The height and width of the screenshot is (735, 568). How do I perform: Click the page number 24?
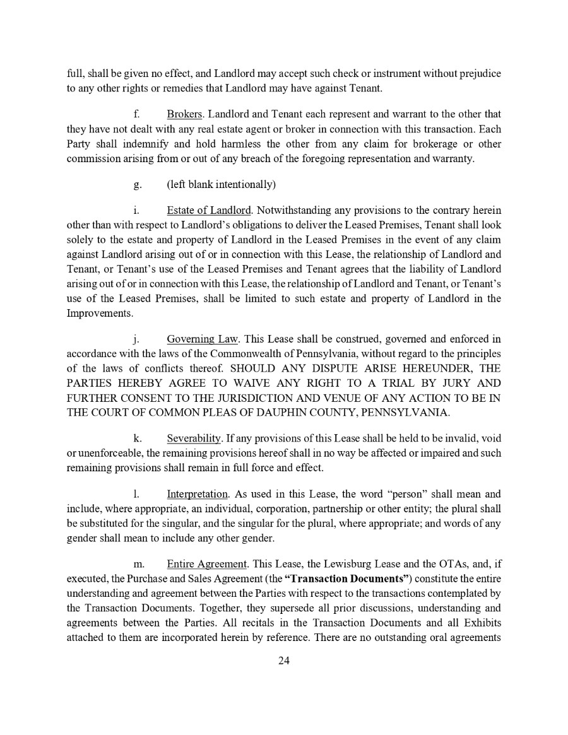[x=283, y=661]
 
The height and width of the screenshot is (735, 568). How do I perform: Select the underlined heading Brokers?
[x=186, y=114]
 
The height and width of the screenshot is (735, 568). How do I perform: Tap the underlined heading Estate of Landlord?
[x=209, y=210]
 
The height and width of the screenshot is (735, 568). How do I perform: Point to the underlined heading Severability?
[x=194, y=438]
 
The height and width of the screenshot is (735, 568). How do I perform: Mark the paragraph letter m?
[x=139, y=563]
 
